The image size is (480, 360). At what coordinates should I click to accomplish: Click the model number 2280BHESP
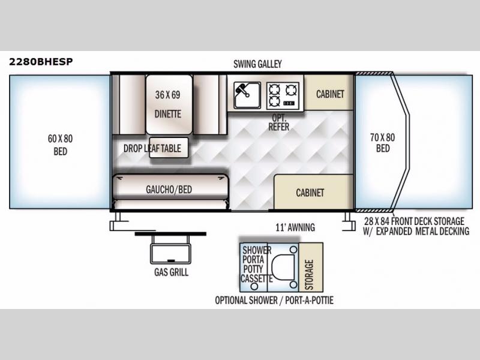41,62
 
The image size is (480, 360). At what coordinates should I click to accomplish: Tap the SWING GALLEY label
257,64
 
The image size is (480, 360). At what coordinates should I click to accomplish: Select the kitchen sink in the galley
247,95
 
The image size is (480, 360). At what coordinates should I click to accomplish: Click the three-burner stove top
283,95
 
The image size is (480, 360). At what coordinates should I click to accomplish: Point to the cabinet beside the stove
329,92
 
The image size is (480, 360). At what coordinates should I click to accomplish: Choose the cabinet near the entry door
313,192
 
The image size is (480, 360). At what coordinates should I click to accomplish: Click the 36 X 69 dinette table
169,104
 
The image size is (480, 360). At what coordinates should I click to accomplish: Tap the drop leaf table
169,148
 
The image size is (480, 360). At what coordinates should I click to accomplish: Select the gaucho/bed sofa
170,191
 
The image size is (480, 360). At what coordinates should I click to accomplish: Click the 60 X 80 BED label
60,145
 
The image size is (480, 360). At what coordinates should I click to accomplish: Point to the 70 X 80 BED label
383,143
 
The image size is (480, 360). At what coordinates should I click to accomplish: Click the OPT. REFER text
278,122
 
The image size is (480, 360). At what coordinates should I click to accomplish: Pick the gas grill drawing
170,248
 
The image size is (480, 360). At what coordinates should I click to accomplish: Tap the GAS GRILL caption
171,272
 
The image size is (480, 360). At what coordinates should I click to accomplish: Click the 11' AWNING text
295,227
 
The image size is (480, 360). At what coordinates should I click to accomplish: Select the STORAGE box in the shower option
311,267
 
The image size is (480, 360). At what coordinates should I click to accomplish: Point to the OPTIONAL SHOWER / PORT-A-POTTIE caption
274,301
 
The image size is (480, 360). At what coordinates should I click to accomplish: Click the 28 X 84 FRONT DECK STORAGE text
414,221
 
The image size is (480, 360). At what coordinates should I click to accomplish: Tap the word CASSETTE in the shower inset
257,278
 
